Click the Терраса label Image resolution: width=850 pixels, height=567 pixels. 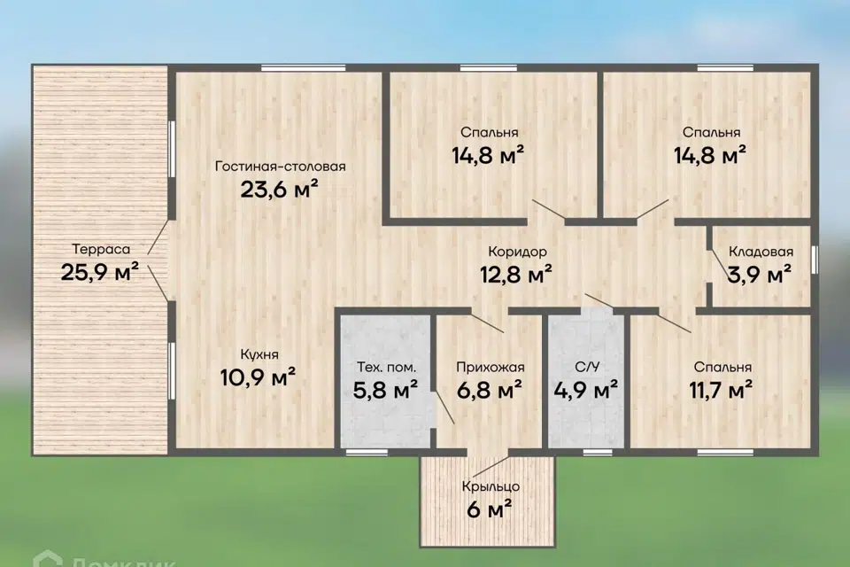pos(101,249)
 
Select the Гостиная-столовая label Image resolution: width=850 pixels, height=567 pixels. pos(281,166)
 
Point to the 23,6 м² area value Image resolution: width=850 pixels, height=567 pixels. pos(279,190)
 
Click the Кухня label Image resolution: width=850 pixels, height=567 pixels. pos(259,355)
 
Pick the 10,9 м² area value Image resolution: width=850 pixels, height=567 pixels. pos(258,377)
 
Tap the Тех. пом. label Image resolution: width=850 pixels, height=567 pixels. pos(387,368)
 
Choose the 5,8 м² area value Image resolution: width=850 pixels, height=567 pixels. pos(385,390)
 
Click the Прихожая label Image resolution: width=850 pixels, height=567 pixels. pos(490,368)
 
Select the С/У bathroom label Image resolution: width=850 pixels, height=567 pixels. pos(587,368)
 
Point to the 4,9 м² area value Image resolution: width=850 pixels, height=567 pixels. pos(586,390)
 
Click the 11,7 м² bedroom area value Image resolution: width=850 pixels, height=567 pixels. pos(721,390)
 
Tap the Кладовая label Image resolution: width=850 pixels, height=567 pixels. pos(761,252)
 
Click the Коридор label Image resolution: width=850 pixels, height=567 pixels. pos(517,252)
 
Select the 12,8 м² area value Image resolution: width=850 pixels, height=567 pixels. pos(516,274)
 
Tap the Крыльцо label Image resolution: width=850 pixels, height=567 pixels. pos(491,486)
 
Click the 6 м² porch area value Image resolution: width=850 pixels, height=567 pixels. pos(490,509)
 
